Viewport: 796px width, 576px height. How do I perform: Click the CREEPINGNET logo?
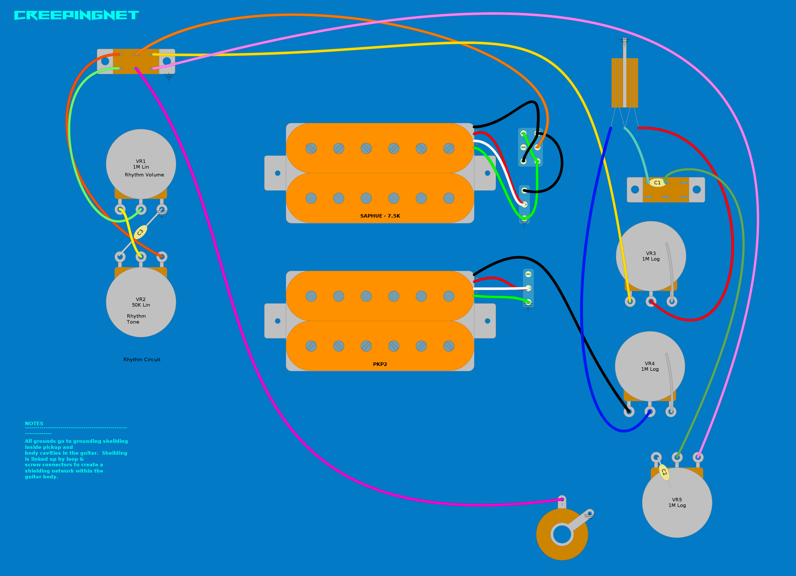(76, 15)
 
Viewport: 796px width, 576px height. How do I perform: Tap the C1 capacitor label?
(657, 182)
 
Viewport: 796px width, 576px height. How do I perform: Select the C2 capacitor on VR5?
(664, 473)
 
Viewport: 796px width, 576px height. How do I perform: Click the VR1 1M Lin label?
(141, 164)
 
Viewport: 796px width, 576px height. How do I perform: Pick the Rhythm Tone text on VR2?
(136, 319)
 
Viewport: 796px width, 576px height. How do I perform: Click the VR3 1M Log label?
(651, 256)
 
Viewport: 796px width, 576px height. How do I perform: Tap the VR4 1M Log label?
(650, 366)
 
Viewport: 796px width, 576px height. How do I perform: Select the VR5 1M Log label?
(677, 502)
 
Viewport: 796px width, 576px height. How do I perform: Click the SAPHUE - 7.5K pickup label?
(380, 216)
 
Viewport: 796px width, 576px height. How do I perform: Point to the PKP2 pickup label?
(380, 364)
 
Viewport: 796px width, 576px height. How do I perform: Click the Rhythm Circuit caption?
(142, 359)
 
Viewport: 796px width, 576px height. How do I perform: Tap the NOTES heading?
(34, 423)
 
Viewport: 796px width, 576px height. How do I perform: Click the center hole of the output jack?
(562, 534)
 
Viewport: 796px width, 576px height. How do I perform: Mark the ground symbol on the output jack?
(589, 517)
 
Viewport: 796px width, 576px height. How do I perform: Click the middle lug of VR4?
(650, 411)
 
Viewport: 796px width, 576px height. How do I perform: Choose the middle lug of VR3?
(651, 301)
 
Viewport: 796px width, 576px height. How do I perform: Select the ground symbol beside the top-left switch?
(169, 77)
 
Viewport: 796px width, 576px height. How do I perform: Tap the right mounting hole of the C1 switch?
(697, 189)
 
